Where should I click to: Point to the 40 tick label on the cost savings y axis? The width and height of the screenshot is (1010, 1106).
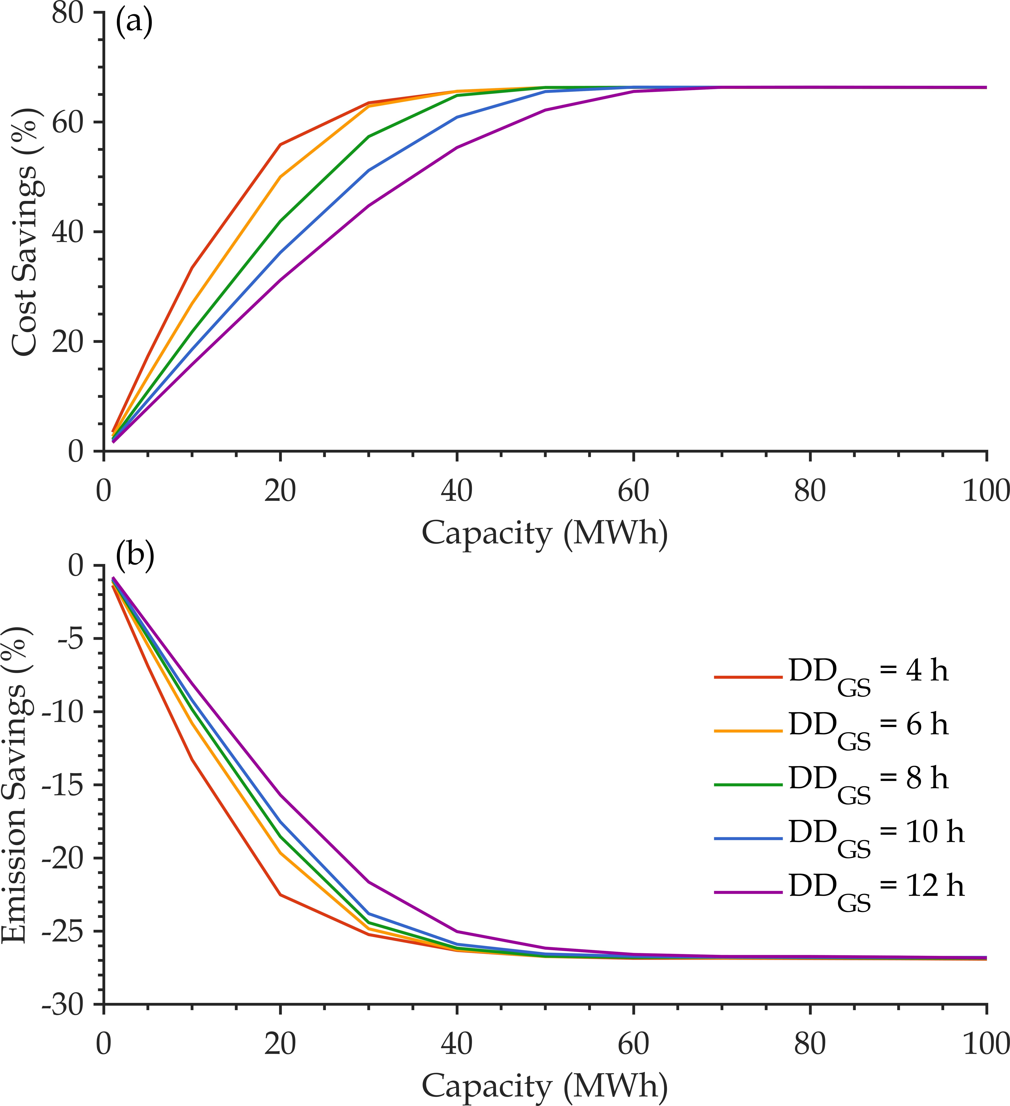click(x=68, y=232)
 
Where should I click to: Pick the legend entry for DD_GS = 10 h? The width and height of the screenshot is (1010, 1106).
click(x=839, y=837)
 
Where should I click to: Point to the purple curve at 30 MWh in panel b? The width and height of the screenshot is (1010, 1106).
click(x=368, y=882)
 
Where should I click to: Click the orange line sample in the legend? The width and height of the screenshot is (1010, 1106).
click(x=748, y=731)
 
